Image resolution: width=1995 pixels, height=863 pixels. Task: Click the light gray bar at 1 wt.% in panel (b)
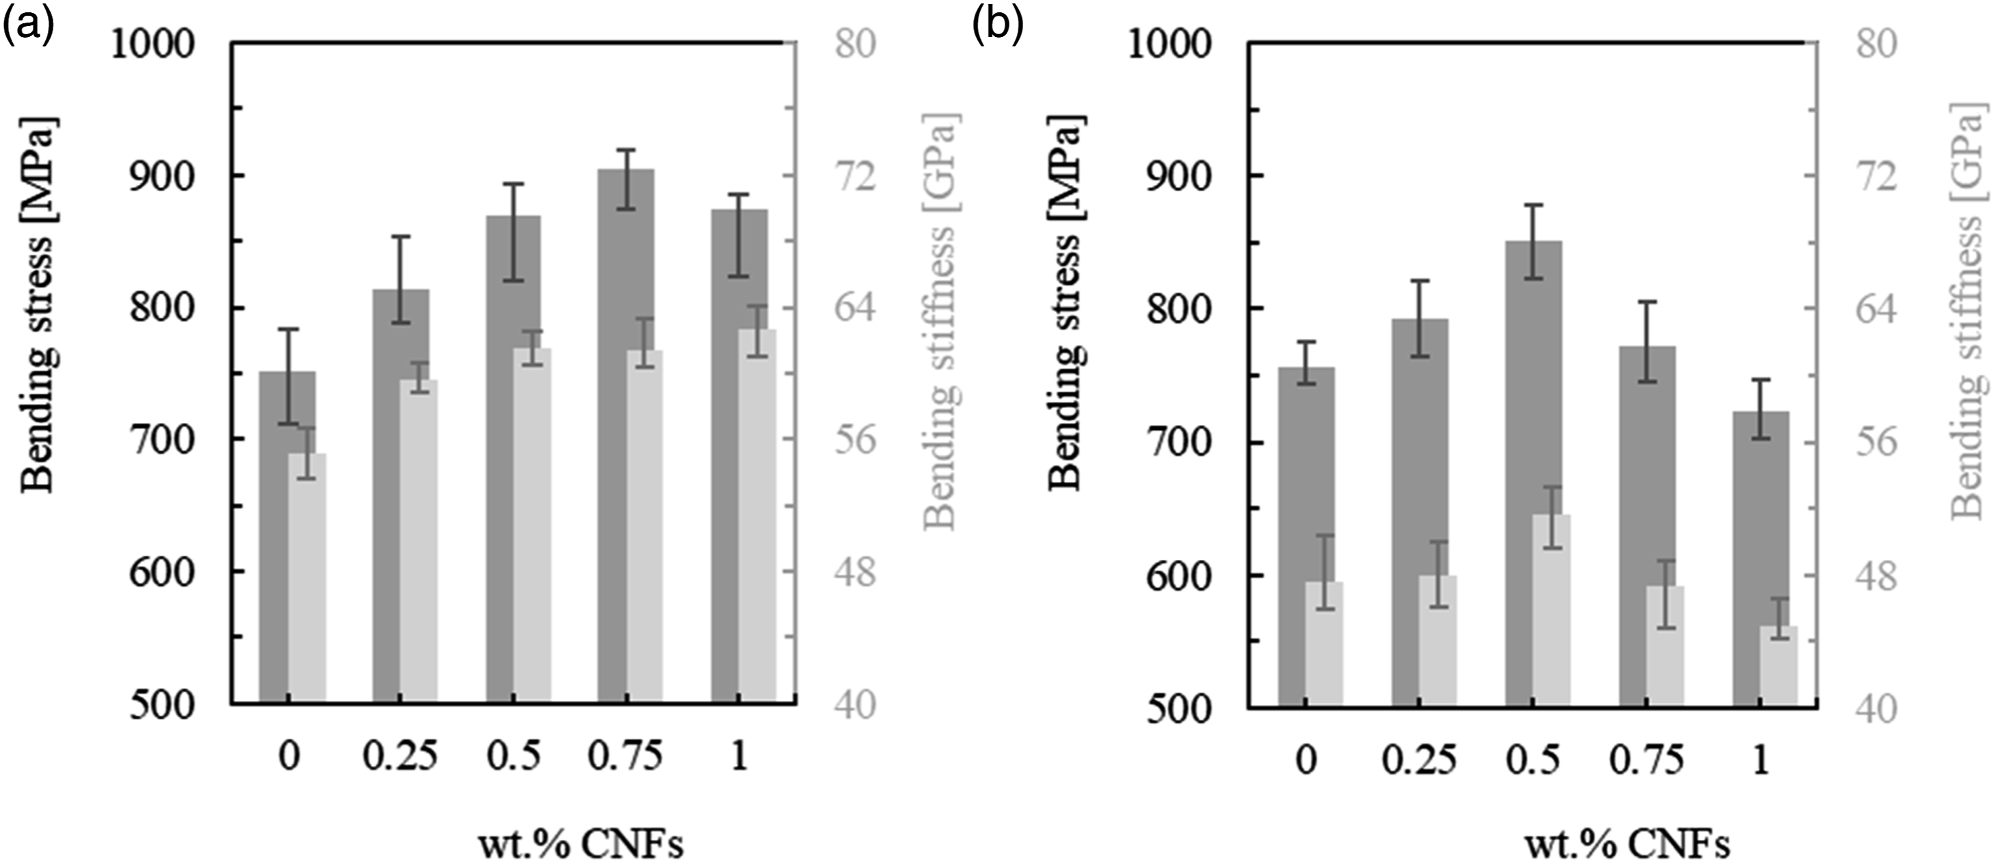[x=1779, y=665]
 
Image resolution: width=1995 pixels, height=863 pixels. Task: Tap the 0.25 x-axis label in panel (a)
[x=400, y=756]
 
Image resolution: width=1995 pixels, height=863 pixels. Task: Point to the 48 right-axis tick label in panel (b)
[x=1877, y=576]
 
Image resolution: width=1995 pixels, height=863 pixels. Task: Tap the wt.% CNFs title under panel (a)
[x=579, y=844]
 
